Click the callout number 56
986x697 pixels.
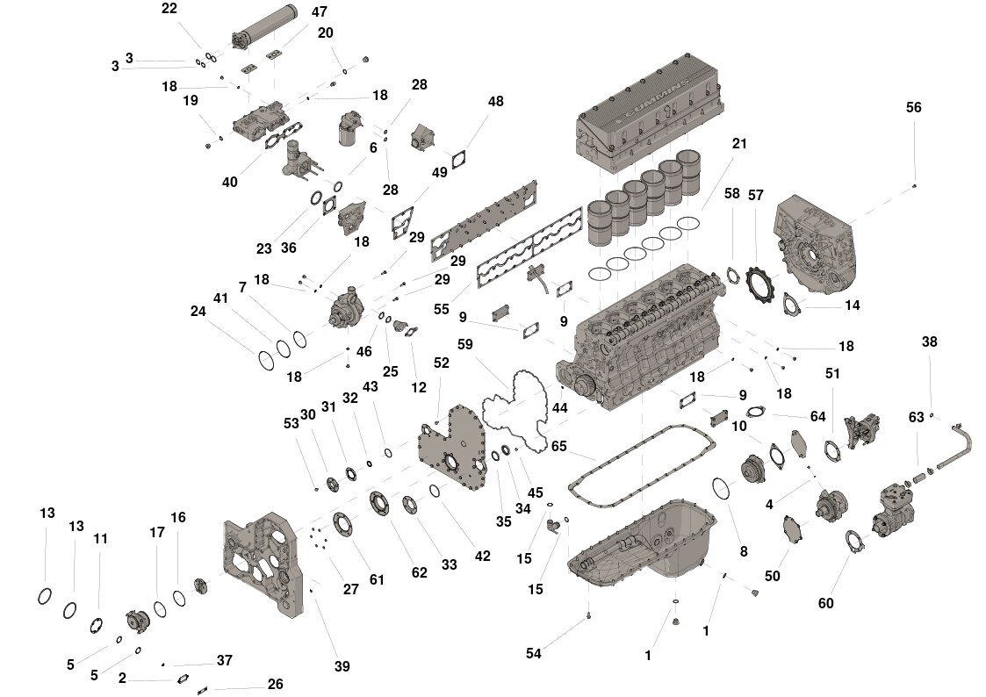coord(914,107)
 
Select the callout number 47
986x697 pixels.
coord(320,12)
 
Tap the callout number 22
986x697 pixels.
coord(169,9)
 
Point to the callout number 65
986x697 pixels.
coord(559,446)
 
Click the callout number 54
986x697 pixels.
coord(534,653)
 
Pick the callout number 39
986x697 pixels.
coord(342,666)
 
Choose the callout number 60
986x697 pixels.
coord(826,603)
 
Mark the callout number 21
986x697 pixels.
coord(739,144)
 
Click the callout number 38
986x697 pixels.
coord(930,342)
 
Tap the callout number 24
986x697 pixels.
coord(198,310)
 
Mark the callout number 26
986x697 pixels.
coord(276,684)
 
